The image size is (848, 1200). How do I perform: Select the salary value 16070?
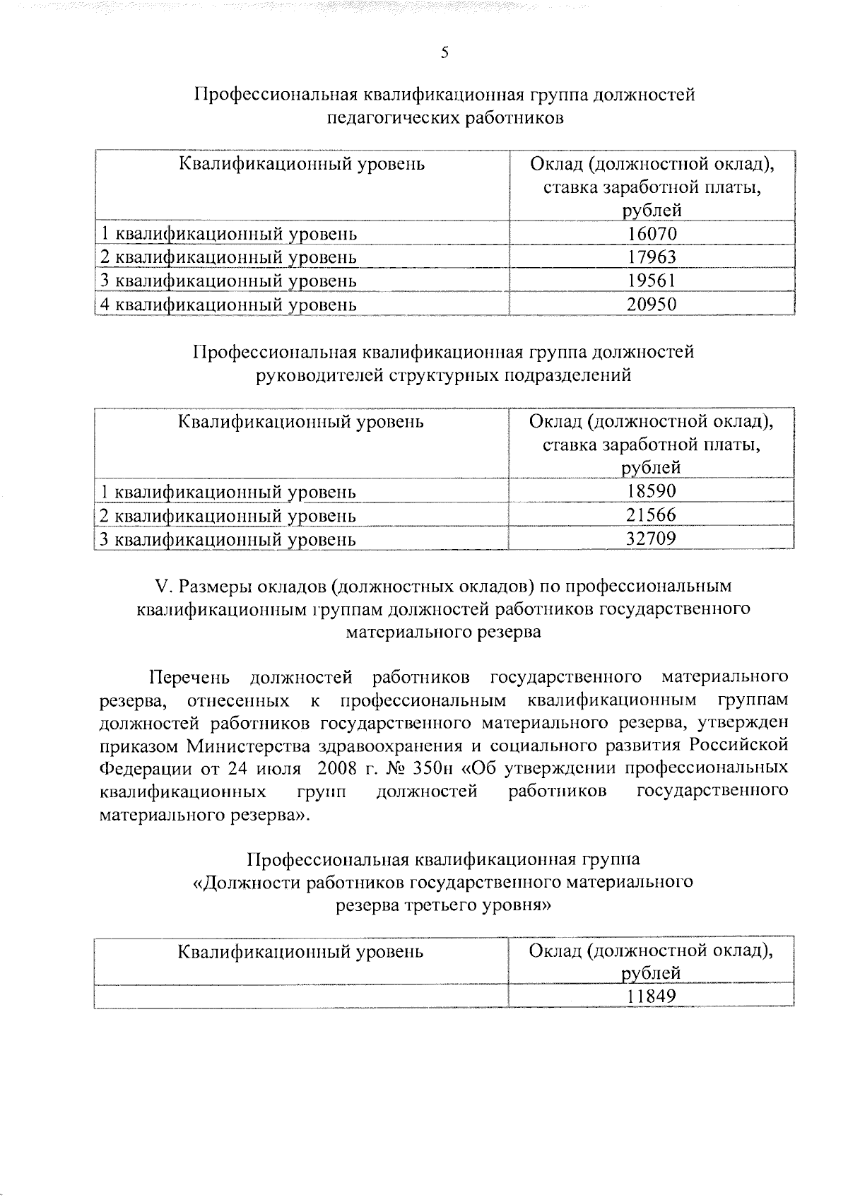pyautogui.click(x=652, y=233)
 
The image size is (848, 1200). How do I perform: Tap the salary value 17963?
pyautogui.click(x=652, y=257)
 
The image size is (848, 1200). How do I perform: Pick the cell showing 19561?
pyautogui.click(x=652, y=281)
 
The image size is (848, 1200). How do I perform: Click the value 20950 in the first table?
pyautogui.click(x=652, y=305)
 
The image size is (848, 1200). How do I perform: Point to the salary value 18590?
pyautogui.click(x=652, y=491)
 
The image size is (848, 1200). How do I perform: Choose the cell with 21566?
pyautogui.click(x=652, y=515)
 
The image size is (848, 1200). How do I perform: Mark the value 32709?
pyautogui.click(x=652, y=539)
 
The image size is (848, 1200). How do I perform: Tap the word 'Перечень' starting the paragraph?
pyautogui.click(x=189, y=678)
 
